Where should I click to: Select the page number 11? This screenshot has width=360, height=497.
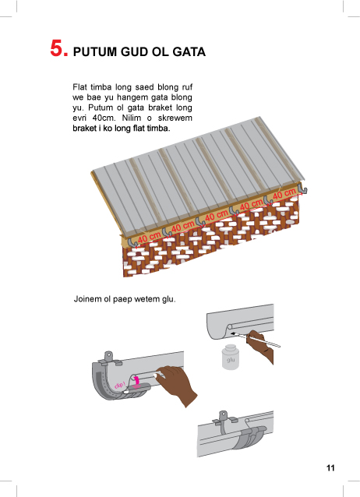[330, 468]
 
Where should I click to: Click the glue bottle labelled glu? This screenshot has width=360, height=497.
[231, 357]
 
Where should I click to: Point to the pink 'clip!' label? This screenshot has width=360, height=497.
[120, 385]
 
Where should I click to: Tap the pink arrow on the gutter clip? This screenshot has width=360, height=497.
[136, 381]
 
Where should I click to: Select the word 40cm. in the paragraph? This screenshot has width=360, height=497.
[102, 118]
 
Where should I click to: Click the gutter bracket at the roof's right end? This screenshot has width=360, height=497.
[302, 189]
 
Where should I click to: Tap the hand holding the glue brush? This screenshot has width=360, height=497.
[261, 346]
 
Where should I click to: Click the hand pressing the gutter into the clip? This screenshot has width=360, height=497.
[176, 383]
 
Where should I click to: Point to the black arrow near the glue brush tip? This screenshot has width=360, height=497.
[237, 334]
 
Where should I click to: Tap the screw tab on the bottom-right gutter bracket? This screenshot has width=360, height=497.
[224, 415]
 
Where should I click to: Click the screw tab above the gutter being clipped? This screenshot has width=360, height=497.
[108, 356]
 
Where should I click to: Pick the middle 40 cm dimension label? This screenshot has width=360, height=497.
[217, 216]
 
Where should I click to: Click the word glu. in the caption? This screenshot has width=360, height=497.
[168, 299]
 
